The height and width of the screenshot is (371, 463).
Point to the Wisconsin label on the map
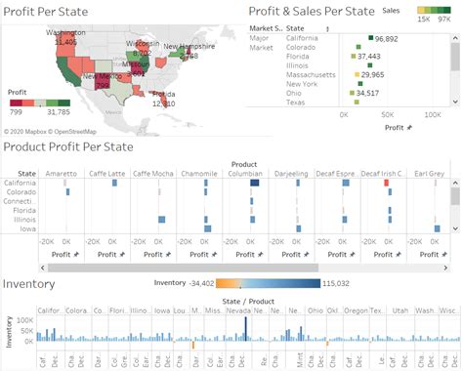click(x=143, y=44)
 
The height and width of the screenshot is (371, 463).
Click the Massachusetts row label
click(x=314, y=74)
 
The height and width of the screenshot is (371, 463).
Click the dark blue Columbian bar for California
click(x=255, y=183)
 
